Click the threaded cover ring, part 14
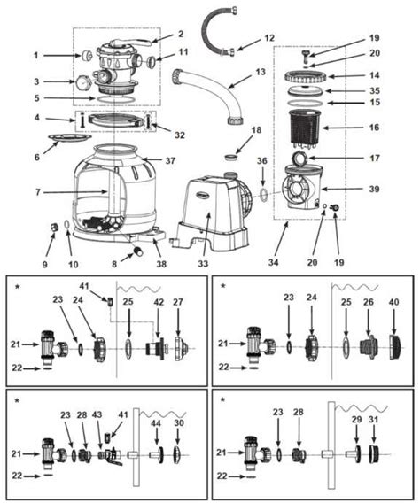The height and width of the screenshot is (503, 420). [x=312, y=76]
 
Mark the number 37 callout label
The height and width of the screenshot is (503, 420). [x=169, y=159]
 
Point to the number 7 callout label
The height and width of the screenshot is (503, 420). [x=35, y=192]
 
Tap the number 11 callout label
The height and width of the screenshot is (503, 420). [x=183, y=53]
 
